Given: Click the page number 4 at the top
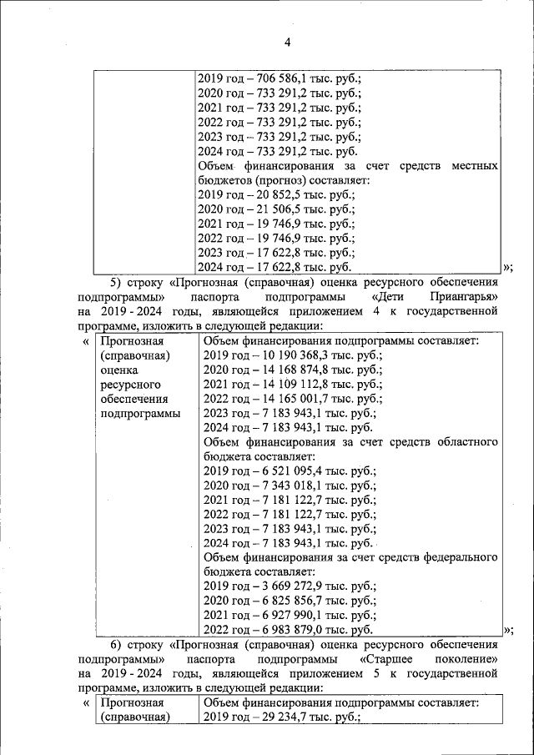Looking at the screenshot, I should pos(287,43).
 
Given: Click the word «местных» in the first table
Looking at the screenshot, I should pos(475,166).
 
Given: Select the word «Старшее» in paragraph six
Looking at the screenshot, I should pos(386,659).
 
